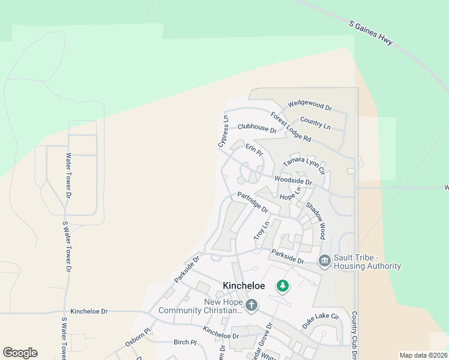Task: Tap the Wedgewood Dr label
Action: (309, 106)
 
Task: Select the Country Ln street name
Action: (315, 123)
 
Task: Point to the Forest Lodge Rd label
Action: (291, 127)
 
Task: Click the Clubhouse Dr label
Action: (256, 128)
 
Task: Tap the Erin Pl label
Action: (255, 149)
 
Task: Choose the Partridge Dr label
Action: (253, 202)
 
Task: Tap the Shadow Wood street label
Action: (316, 220)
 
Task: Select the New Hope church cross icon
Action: (251, 306)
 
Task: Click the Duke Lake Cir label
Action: (321, 320)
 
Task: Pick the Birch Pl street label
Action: (185, 343)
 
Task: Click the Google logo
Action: (20, 353)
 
